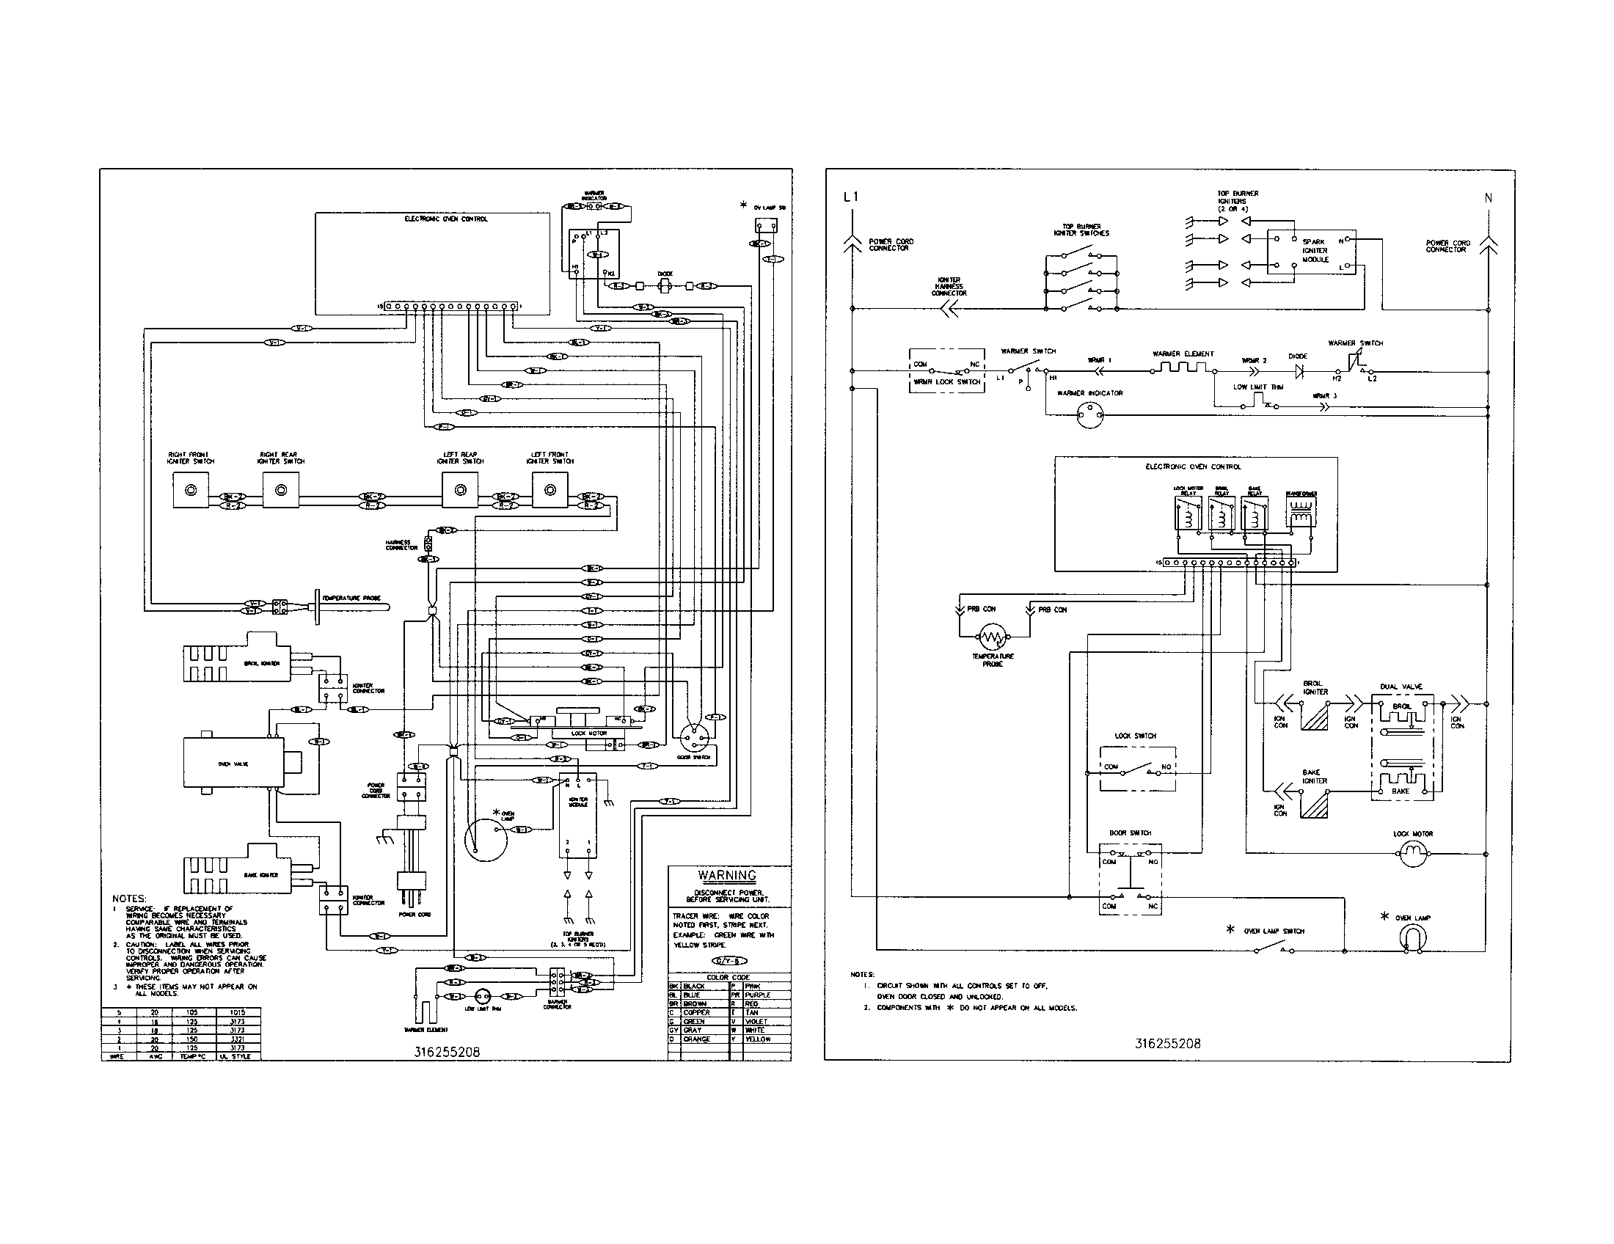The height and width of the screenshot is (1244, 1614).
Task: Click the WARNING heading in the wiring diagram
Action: click(727, 875)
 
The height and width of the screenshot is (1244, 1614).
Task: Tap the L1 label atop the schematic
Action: click(851, 197)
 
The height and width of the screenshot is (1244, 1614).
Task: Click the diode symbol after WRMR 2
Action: click(1299, 372)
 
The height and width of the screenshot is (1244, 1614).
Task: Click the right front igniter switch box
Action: click(191, 491)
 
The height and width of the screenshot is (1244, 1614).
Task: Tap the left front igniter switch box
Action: click(549, 491)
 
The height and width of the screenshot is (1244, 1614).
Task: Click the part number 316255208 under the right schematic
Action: click(1168, 1044)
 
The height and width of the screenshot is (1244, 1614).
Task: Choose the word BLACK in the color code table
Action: click(694, 987)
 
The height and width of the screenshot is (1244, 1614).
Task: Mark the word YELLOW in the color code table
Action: click(759, 1039)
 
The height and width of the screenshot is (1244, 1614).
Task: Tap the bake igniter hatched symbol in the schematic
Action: click(1315, 803)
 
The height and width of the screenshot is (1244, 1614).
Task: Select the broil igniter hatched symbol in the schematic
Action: click(1315, 716)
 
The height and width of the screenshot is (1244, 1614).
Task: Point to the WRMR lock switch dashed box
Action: click(946, 371)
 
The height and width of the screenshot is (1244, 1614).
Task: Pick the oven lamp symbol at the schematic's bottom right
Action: click(1412, 938)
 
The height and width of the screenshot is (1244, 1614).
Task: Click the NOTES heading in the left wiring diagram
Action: click(129, 899)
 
